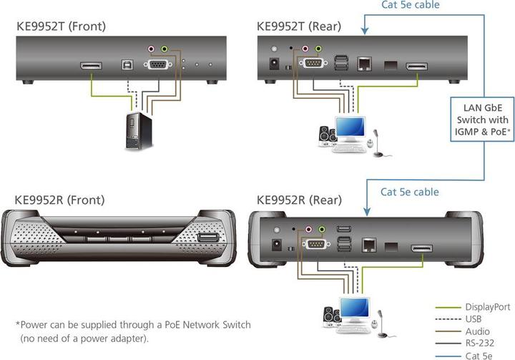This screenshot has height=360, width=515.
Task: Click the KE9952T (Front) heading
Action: (61, 27)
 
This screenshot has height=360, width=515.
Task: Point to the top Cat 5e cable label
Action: (409, 6)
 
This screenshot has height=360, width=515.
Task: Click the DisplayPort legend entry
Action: (487, 307)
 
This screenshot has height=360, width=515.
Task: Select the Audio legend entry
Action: (477, 331)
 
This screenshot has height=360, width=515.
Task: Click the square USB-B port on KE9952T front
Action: (127, 65)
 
